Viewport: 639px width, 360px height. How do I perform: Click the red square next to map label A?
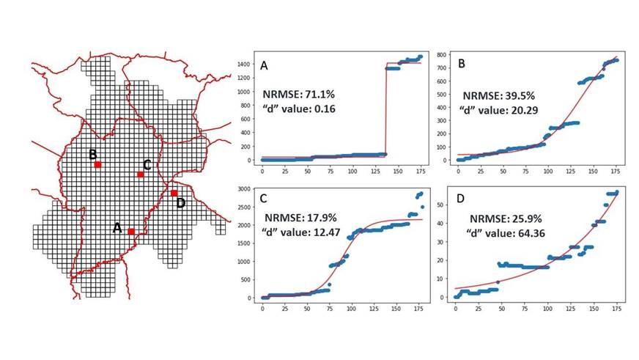[131, 232]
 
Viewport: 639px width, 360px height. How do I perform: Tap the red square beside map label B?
[97, 165]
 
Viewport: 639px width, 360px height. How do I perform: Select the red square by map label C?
[140, 175]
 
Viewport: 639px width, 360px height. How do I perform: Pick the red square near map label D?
[174, 194]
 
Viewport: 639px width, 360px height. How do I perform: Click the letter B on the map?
[93, 155]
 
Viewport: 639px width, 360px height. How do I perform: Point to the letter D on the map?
[181, 202]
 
